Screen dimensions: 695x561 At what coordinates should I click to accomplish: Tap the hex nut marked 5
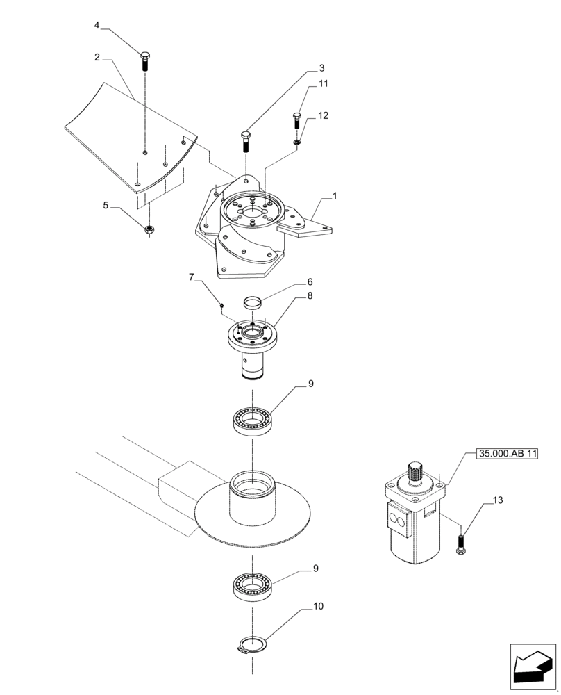coord(149,229)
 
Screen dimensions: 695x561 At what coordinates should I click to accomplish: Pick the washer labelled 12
coord(296,143)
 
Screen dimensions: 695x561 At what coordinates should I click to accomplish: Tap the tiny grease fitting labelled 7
coord(221,304)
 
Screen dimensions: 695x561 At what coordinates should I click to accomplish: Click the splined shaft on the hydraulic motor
coord(416,473)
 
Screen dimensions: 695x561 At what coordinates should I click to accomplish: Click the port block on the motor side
coord(399,521)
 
